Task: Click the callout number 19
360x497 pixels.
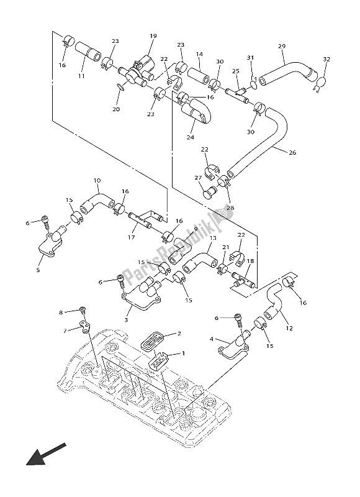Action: coord(153,36)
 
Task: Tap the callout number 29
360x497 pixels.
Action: coord(282,46)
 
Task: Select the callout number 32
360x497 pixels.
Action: coord(326,59)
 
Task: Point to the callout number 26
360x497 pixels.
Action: coord(292,152)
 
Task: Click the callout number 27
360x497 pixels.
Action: coord(198,178)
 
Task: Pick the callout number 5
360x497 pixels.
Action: coord(38,270)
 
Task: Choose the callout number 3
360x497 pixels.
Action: coord(126,320)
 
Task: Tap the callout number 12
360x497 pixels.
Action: coord(289,329)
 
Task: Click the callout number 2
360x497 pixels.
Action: coord(179,334)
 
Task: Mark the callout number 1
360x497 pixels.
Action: coord(183,353)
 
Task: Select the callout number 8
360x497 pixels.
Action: coord(61,312)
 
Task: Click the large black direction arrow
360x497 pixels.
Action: coord(46,454)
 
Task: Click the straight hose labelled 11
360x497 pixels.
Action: coord(88,51)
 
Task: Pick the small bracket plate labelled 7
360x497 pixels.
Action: coord(84,327)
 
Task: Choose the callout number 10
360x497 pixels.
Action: coord(97,181)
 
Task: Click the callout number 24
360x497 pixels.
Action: coord(191,137)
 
